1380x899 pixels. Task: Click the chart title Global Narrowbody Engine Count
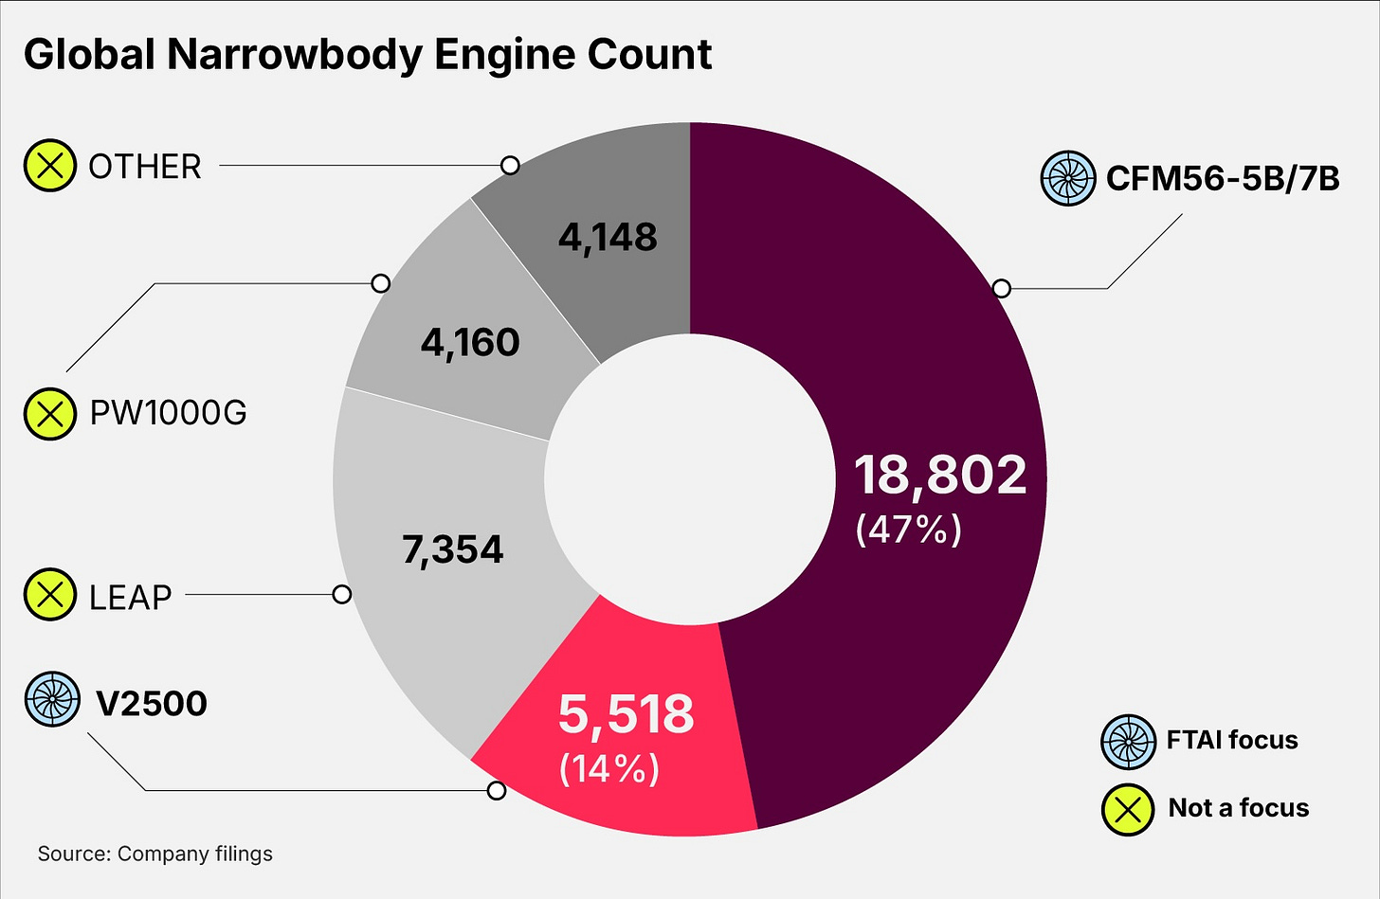[x=368, y=55]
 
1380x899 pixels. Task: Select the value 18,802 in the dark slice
[x=939, y=475]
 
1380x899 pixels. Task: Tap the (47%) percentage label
[x=908, y=530]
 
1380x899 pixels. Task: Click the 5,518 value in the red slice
[x=626, y=714]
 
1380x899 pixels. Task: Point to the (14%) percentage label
[x=609, y=767]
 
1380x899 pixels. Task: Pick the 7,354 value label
[x=453, y=549]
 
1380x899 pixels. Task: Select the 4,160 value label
[x=470, y=342]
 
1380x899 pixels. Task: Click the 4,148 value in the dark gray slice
[x=608, y=237]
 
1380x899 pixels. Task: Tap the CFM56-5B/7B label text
[x=1223, y=178]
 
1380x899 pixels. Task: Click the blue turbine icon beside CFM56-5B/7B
[x=1068, y=178]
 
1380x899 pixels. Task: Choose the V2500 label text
[x=152, y=704]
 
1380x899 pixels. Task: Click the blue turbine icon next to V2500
[x=51, y=699]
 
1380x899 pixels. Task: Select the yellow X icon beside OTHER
[x=49, y=166]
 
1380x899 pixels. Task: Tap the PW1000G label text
[x=168, y=413]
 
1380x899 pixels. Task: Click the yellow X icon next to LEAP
[x=49, y=595]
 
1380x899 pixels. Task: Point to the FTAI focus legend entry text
[x=1231, y=740]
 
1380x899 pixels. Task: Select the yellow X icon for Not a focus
[x=1128, y=809]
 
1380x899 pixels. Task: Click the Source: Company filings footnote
[x=155, y=854]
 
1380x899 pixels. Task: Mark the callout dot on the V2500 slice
[x=496, y=790]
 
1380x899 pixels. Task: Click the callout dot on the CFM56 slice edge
[x=1001, y=288]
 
